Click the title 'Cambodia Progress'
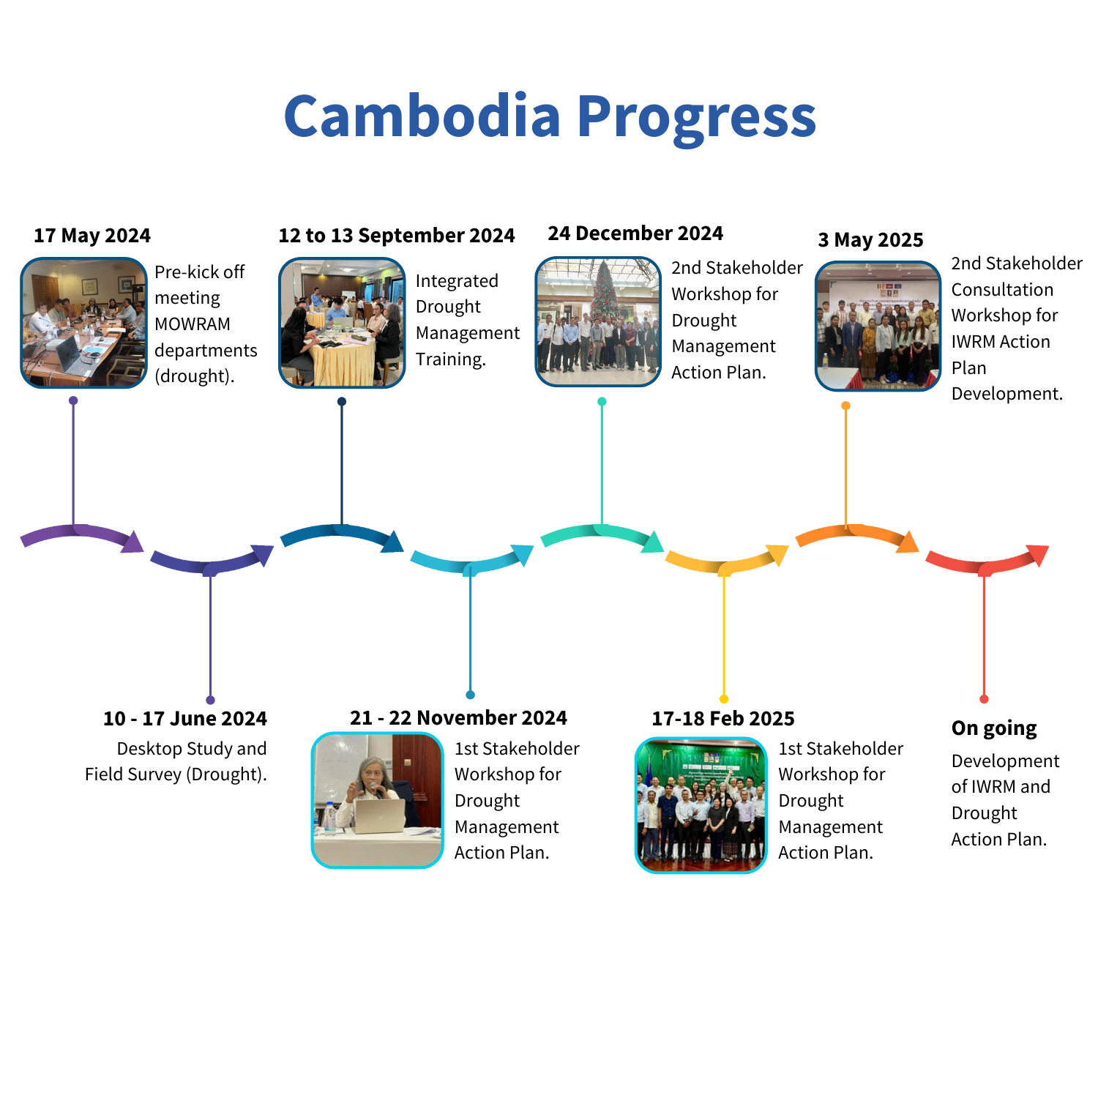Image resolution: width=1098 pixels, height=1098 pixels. click(550, 117)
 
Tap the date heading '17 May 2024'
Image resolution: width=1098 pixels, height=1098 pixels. click(92, 236)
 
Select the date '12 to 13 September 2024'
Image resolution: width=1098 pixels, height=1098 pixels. click(397, 236)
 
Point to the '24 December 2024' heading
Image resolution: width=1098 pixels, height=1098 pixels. click(635, 234)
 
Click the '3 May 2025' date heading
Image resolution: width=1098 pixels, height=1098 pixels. click(870, 240)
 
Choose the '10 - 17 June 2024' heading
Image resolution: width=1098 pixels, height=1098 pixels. click(185, 719)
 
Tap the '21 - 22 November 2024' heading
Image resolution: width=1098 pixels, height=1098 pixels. click(458, 718)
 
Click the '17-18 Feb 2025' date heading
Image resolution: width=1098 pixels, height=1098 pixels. click(723, 719)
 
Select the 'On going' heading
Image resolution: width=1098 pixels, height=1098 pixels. click(994, 729)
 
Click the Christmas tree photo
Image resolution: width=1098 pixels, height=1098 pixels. click(599, 321)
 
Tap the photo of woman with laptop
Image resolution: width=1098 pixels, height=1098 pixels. click(378, 800)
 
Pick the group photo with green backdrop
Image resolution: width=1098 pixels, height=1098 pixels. click(701, 805)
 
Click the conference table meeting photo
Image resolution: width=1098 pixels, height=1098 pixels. click(83, 322)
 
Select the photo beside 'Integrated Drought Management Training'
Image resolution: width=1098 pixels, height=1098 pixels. click(342, 322)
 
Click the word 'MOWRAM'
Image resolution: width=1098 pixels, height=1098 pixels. click(193, 324)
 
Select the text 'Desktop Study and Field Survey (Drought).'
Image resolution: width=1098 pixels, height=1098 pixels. click(176, 761)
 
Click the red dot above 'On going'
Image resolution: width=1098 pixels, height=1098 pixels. click(984, 699)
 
